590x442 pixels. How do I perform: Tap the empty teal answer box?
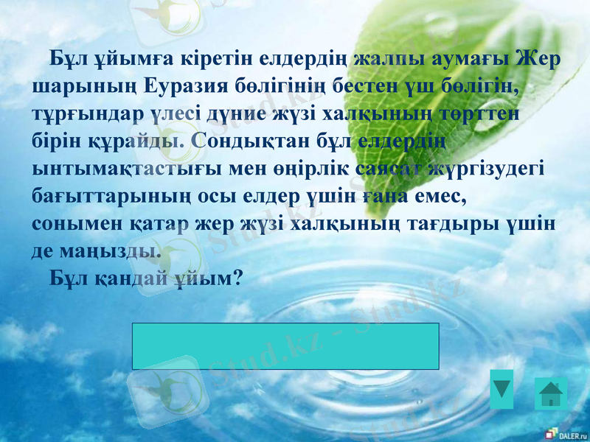tap(285, 345)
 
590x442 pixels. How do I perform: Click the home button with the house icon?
tap(550, 393)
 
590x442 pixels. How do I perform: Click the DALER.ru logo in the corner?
tap(565, 434)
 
